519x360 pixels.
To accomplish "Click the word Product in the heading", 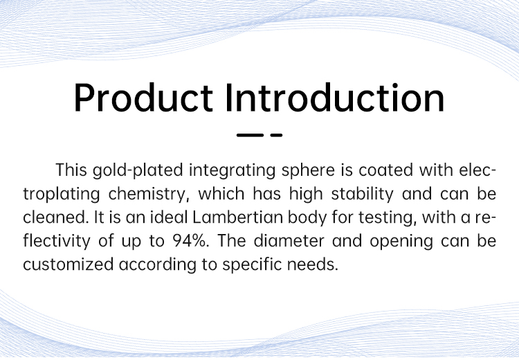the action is (x=143, y=98).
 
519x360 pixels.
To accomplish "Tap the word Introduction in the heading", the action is (x=335, y=98).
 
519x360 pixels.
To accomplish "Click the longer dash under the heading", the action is (x=250, y=135).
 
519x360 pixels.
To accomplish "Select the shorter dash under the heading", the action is (x=276, y=135).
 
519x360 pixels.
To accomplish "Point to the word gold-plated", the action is (x=138, y=171).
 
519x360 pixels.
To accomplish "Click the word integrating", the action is (x=232, y=171).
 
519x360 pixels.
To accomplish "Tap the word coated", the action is (x=386, y=170).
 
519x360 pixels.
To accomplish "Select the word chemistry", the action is (x=149, y=195).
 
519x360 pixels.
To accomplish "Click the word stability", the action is (x=363, y=195).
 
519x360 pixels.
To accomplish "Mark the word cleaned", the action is (x=55, y=217).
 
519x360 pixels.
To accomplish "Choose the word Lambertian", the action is (x=237, y=217).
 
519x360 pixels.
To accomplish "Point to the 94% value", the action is (x=191, y=241).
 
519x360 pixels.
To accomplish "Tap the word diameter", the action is (x=289, y=241).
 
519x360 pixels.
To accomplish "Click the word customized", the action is (x=69, y=264).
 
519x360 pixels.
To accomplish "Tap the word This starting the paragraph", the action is (x=71, y=170).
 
